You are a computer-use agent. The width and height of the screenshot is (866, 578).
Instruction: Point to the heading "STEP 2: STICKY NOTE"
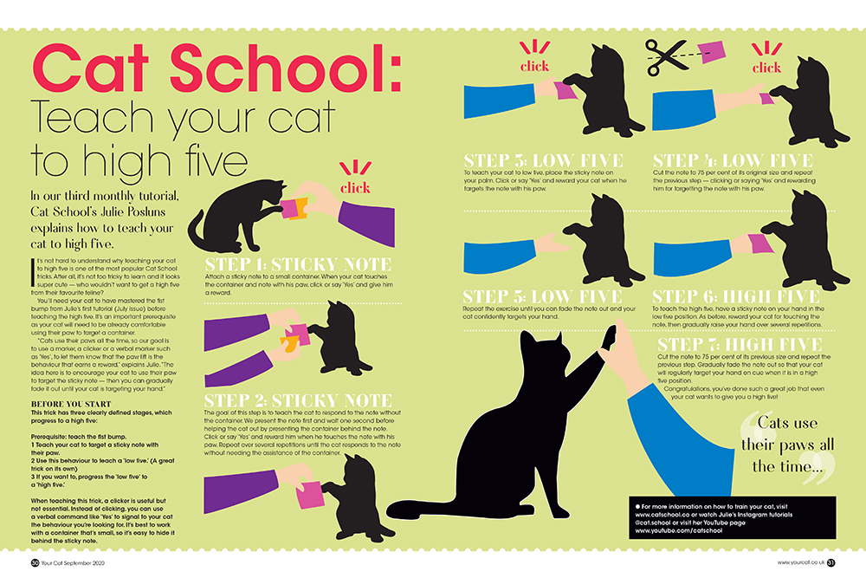tap(298, 400)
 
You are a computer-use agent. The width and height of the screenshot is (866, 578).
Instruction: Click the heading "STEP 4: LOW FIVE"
tap(733, 161)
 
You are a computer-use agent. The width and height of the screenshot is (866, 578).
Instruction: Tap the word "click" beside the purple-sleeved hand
tap(355, 188)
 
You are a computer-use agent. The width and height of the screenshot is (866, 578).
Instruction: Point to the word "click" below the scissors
tap(766, 67)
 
